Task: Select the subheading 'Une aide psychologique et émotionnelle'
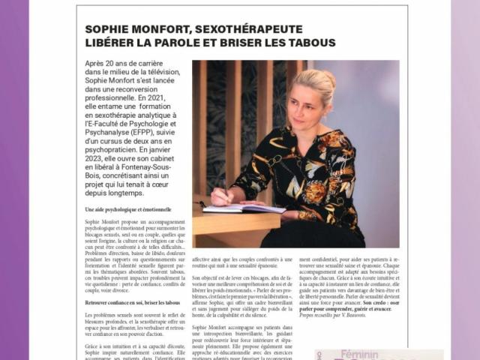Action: (x=128, y=210)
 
